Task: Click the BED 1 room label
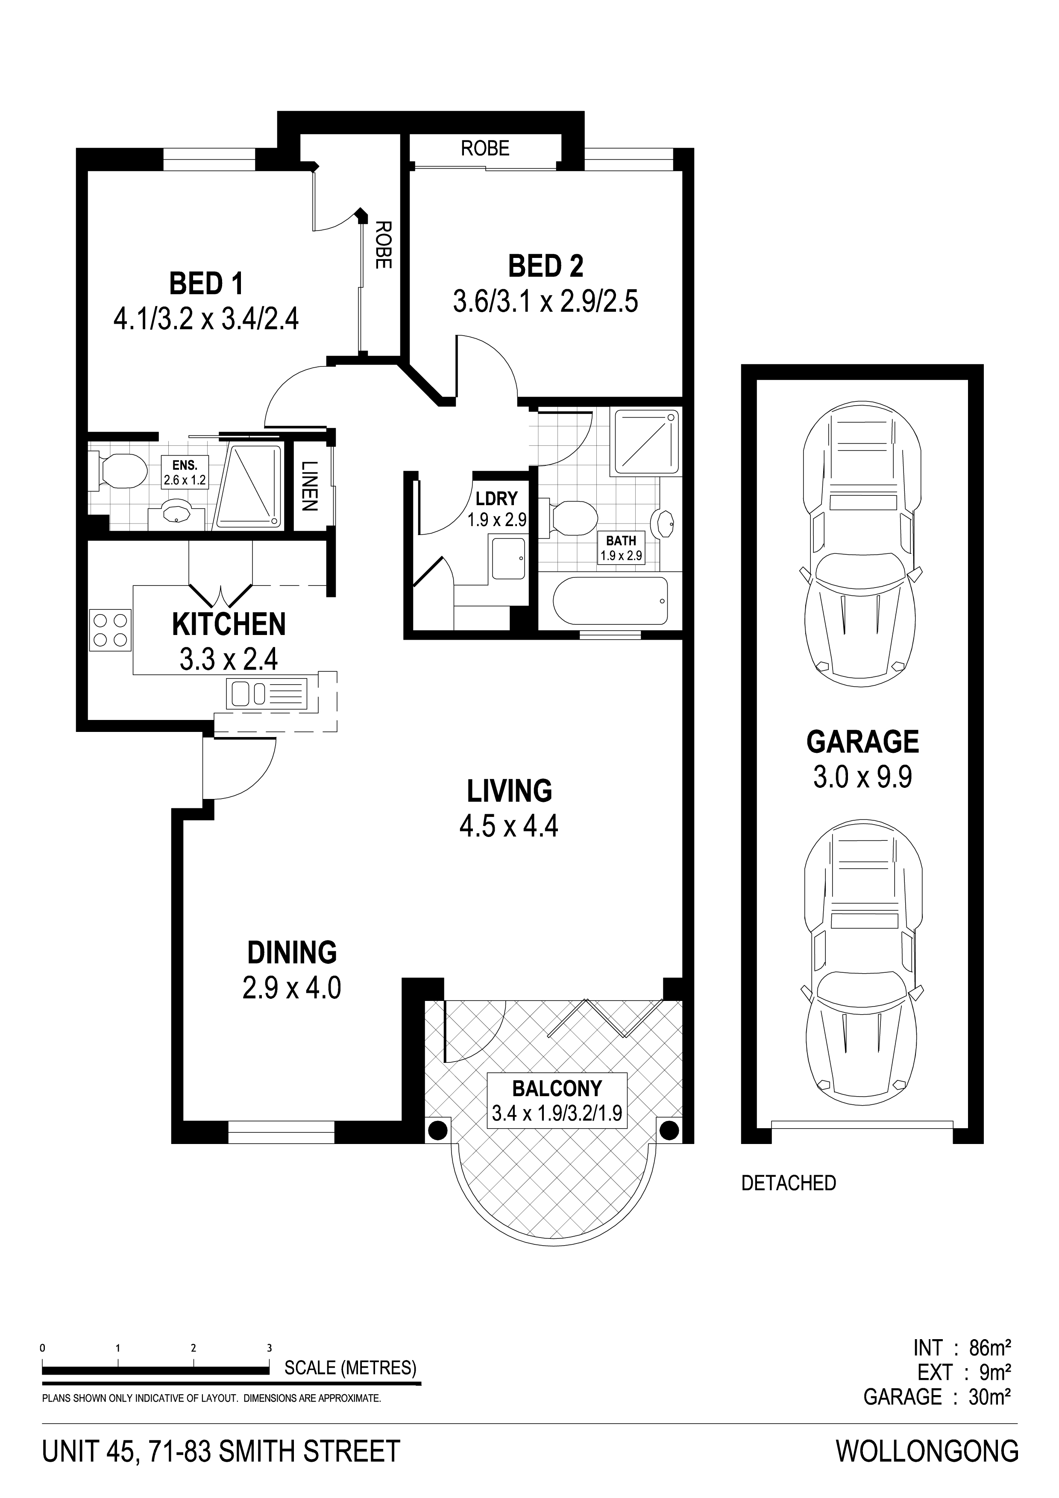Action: pos(206,284)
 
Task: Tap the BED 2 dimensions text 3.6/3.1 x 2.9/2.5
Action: pos(546,302)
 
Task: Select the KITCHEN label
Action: pos(229,624)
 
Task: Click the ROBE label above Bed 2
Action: pos(485,149)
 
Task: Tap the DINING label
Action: pos(292,953)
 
